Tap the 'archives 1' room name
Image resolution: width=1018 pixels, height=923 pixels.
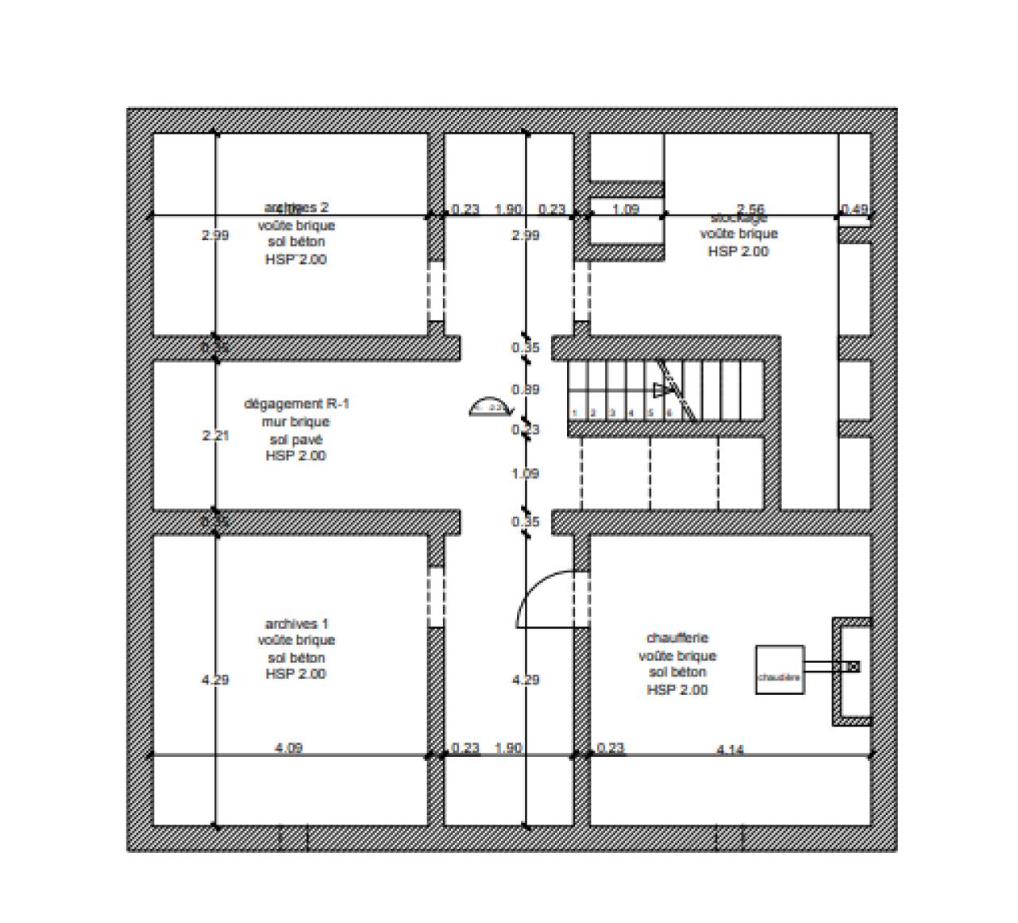point(296,624)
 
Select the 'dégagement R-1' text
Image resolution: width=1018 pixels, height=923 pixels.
point(296,404)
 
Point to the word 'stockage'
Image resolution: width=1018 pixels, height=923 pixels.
point(738,218)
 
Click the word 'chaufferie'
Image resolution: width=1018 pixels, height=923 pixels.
point(678,638)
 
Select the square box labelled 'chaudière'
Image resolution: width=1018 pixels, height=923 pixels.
point(779,669)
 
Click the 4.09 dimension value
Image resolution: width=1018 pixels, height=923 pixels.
point(288,748)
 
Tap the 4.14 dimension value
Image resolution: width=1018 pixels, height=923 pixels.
point(730,749)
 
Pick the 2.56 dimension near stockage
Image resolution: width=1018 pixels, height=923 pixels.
point(750,209)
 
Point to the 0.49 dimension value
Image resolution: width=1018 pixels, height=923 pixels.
point(854,209)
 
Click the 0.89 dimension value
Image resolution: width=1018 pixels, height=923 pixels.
point(526,390)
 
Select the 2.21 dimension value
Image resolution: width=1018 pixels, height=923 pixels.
point(216,435)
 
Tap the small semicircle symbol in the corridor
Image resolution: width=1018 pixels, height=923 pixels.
point(488,406)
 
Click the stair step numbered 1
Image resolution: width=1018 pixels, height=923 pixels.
point(574,413)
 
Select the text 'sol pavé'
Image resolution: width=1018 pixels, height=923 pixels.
point(296,439)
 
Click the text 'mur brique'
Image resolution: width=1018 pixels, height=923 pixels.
point(296,421)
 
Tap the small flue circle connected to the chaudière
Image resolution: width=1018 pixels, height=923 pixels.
point(853,665)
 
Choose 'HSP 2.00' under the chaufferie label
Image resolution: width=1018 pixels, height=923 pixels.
point(678,690)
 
